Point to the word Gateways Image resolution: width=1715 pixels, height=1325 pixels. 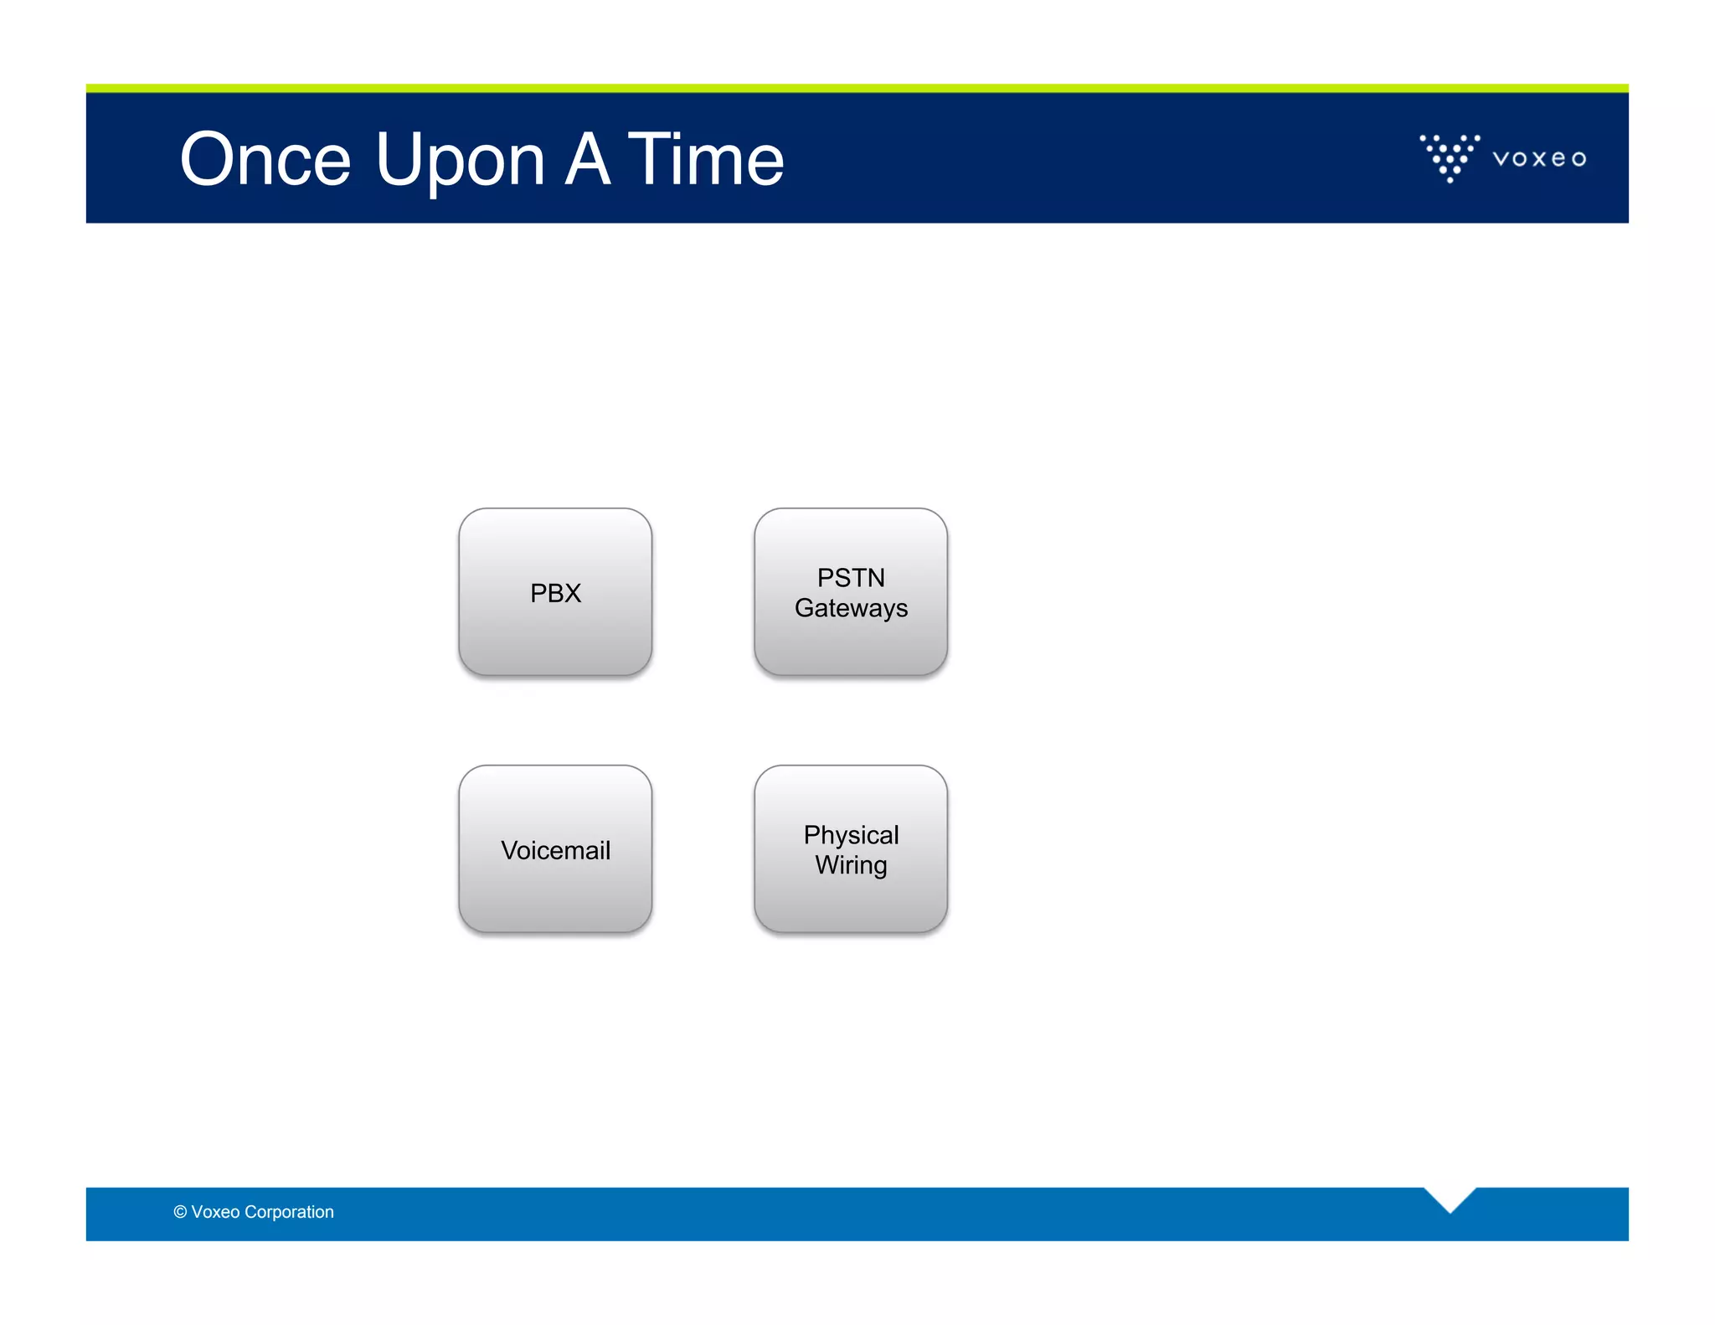point(851,608)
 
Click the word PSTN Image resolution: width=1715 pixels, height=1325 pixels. point(851,578)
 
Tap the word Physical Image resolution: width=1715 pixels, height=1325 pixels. point(851,835)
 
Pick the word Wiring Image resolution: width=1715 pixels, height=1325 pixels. point(851,865)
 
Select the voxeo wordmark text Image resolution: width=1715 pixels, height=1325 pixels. point(1539,158)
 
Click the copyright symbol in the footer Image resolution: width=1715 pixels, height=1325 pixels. point(180,1212)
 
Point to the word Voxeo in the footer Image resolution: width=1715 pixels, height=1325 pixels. point(215,1212)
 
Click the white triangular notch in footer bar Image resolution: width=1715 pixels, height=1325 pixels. point(1450,1197)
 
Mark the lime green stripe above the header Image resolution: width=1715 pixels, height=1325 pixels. point(857,88)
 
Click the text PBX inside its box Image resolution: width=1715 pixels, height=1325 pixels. point(555,593)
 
